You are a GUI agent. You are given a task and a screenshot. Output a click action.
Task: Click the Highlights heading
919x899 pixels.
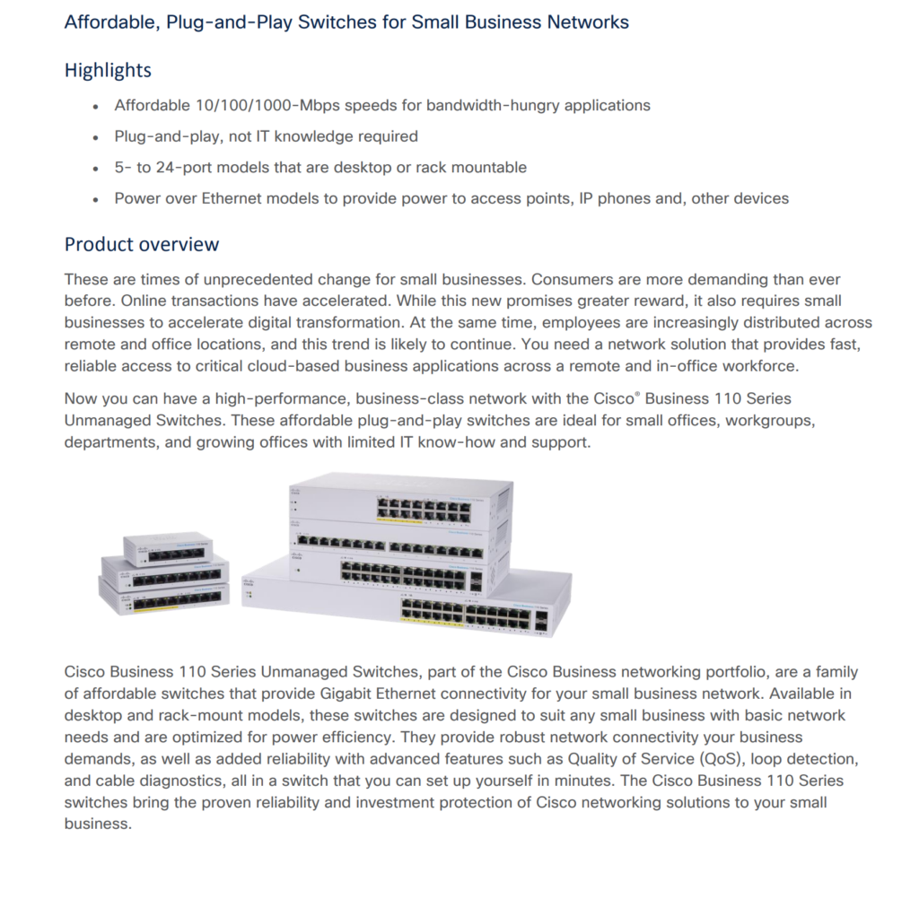click(x=108, y=70)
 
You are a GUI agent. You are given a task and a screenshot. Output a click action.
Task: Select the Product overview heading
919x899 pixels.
click(x=142, y=244)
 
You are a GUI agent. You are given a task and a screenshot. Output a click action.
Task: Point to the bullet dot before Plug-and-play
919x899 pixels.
click(x=95, y=137)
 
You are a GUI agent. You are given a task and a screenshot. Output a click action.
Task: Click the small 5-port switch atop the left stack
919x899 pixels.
click(x=168, y=547)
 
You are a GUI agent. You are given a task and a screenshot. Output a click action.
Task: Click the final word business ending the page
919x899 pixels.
click(x=98, y=823)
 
